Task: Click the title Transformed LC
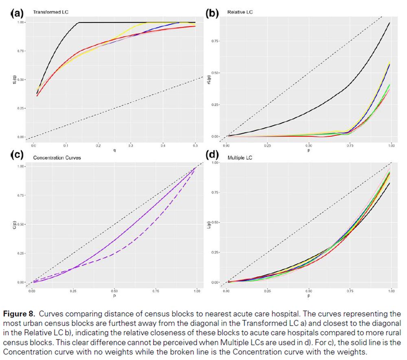pos(50,12)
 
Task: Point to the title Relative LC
pos(240,12)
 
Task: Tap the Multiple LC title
pos(240,157)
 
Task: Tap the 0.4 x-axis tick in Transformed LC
pos(163,145)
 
